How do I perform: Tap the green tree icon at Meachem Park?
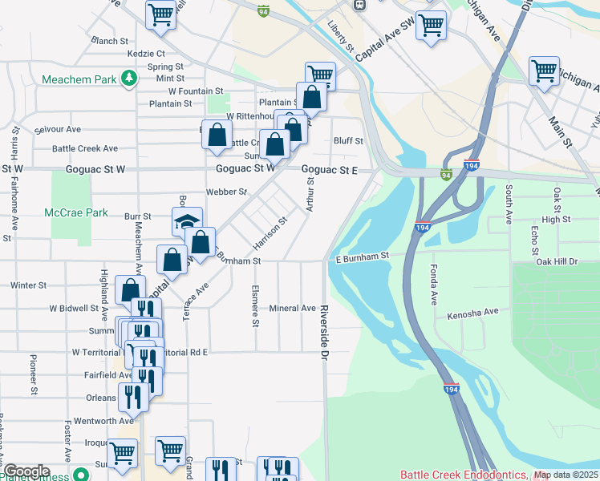[128, 79]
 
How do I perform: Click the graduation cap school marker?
[187, 221]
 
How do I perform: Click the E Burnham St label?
[362, 256]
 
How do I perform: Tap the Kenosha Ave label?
[472, 312]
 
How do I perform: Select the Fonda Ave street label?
[433, 285]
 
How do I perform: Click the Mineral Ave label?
[292, 308]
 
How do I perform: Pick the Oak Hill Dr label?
[556, 261]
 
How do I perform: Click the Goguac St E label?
[329, 170]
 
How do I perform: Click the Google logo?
[26, 471]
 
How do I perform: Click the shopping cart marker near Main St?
[544, 71]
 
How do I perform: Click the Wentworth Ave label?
[103, 421]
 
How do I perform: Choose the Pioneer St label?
[34, 375]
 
